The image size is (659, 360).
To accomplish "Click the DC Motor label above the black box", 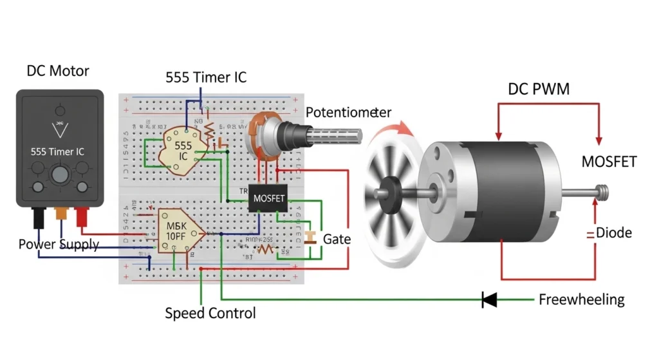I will tap(58, 71).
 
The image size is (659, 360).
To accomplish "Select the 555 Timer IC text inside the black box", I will tap(57, 152).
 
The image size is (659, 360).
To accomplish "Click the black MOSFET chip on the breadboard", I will tap(268, 199).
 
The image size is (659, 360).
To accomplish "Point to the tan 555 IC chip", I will tap(183, 151).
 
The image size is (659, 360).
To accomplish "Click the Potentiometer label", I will tap(348, 112).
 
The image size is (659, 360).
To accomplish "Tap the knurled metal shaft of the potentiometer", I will tap(334, 137).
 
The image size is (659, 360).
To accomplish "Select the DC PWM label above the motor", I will tap(539, 90).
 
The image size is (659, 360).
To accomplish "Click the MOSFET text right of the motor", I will tap(609, 162).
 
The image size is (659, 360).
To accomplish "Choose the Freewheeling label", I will tap(581, 299).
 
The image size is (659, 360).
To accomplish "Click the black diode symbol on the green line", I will tap(490, 299).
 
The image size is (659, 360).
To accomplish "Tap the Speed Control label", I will tap(210, 314).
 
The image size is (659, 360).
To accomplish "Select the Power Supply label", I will tap(59, 244).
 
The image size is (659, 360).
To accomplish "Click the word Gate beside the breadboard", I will tap(337, 239).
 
